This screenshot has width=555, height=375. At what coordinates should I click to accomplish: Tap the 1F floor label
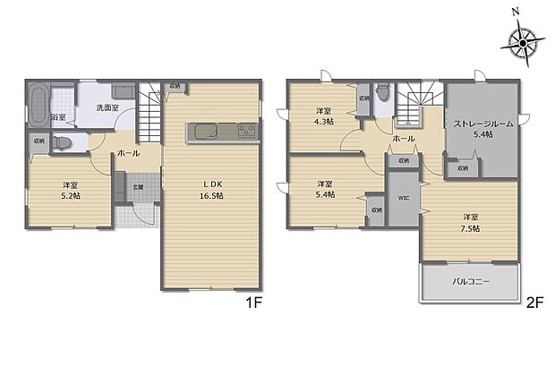pos(254,303)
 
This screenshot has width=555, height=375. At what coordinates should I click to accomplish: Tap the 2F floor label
pos(534,303)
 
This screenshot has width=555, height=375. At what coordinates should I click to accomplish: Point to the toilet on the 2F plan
pos(383,92)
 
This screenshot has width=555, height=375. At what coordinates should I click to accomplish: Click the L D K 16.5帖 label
pos(212,190)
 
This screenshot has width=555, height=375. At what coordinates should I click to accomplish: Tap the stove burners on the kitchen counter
pos(246,132)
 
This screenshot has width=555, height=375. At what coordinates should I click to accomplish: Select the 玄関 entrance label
pos(139,187)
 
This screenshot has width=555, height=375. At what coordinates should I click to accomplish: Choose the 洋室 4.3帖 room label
pos(323,117)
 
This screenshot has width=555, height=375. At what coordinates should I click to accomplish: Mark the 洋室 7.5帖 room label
pos(470,222)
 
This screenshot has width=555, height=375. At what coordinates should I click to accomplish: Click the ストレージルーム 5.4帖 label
pos(482,129)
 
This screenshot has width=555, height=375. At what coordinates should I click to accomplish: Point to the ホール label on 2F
pos(403,139)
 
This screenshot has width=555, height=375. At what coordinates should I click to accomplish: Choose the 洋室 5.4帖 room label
pos(323,190)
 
